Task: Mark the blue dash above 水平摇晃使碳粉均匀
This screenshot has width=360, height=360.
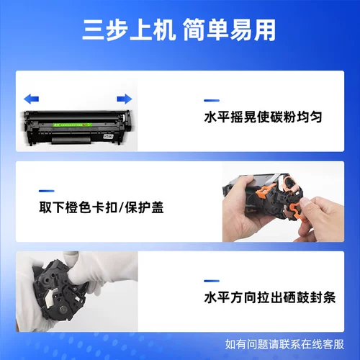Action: pos(211,100)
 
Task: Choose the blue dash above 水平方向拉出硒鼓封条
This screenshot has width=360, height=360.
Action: pos(211,279)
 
